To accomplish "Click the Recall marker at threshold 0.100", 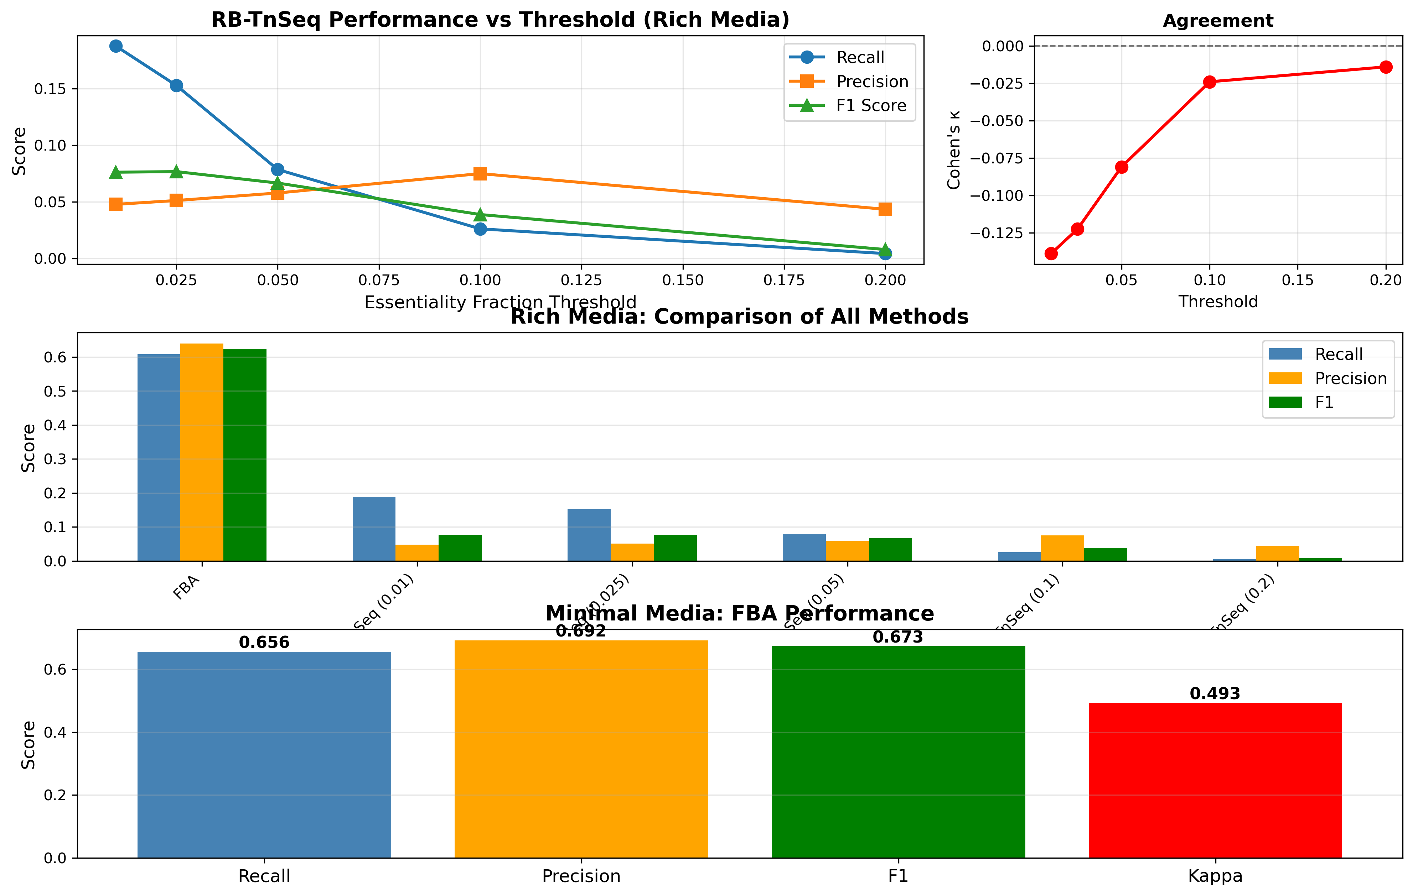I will (x=480, y=229).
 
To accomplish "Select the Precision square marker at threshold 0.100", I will (x=480, y=174).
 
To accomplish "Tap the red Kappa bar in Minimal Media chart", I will (x=1215, y=780).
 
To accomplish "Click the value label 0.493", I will (x=1215, y=694).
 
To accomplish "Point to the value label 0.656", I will (x=264, y=643).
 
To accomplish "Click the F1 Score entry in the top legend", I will (x=871, y=106).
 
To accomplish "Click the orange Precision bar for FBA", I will (x=202, y=451).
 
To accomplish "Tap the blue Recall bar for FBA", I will (x=159, y=457).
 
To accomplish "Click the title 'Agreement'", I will (x=1218, y=21).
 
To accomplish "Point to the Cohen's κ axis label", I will (x=954, y=150).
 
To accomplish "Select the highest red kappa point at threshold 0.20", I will (x=1386, y=67).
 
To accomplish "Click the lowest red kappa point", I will (x=1051, y=253).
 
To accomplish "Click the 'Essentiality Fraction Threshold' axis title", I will (x=500, y=303).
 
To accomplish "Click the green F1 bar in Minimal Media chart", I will (x=898, y=752).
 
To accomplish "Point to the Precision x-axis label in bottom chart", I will (x=581, y=876).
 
